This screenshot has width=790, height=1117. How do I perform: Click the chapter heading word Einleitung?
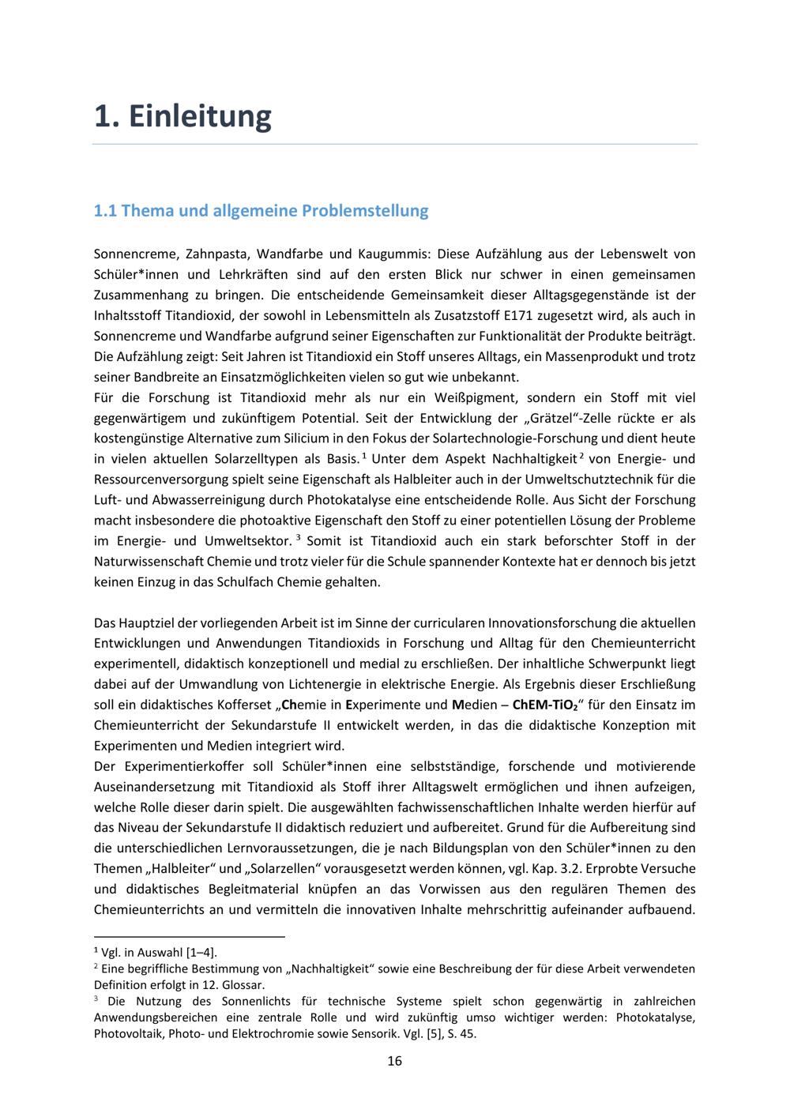coord(199,116)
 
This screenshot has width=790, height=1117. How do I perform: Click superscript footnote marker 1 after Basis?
coord(364,455)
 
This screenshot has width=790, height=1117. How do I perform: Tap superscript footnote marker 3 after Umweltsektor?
coord(299,537)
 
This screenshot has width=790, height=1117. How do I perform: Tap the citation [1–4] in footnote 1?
coord(201,953)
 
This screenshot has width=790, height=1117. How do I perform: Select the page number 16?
coord(395,1061)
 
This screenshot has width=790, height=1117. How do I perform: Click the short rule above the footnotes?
coord(189,937)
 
